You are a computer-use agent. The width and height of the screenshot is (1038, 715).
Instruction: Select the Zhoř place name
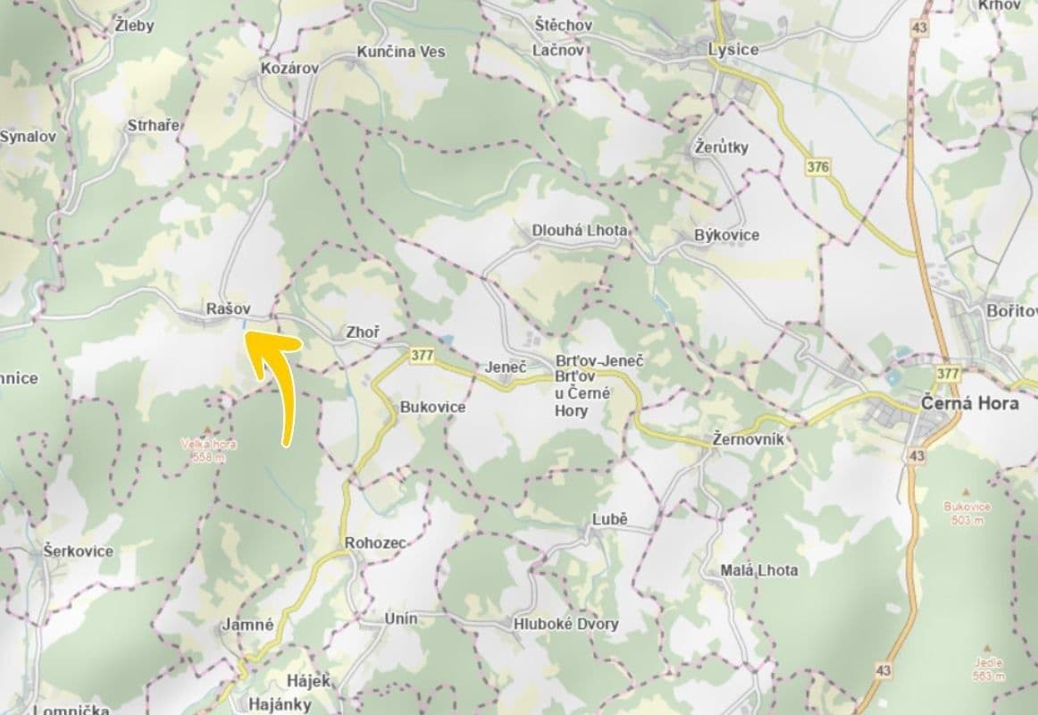363,332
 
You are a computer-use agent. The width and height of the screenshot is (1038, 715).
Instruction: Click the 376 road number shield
816,166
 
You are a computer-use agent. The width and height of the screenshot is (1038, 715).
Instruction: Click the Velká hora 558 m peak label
207,450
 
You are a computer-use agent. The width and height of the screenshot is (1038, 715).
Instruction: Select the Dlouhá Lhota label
579,230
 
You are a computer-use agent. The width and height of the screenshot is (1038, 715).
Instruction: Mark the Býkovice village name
726,234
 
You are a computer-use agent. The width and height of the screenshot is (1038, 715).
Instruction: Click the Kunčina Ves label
400,52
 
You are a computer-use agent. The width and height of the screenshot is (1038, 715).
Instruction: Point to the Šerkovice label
79,551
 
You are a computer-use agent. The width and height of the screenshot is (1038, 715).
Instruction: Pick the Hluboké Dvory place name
565,624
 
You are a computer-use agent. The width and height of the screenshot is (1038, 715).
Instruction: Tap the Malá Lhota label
759,569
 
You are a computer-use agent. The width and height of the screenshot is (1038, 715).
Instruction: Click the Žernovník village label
749,440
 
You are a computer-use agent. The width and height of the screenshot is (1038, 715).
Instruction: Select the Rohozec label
375,543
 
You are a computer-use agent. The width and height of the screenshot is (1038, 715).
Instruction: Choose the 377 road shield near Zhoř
423,355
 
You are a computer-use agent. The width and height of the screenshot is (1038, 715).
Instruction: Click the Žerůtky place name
722,147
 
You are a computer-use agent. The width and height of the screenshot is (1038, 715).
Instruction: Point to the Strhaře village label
153,125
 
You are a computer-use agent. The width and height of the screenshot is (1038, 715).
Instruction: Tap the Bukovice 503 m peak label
967,512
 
